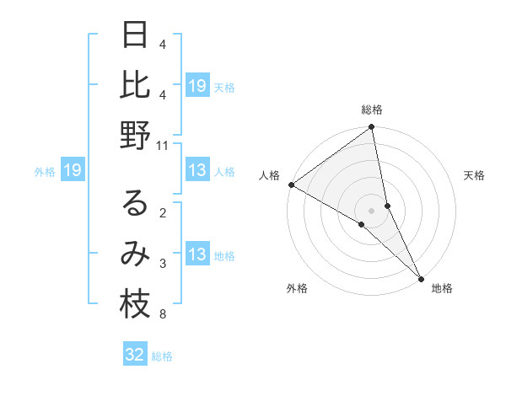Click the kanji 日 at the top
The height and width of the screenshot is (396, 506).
tap(135, 35)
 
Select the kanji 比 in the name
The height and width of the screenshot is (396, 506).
tap(135, 85)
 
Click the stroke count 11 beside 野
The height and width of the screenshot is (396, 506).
tap(163, 145)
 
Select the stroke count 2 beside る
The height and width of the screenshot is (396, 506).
tap(163, 213)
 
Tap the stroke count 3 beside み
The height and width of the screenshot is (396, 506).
tap(163, 264)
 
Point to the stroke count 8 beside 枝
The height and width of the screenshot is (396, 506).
tap(163, 315)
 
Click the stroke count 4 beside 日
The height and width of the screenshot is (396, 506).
tap(163, 43)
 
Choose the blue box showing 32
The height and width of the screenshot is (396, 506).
tap(135, 355)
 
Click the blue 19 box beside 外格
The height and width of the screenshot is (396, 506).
tap(72, 171)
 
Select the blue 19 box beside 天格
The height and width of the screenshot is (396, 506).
tap(197, 86)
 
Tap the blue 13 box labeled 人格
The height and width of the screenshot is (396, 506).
tap(197, 171)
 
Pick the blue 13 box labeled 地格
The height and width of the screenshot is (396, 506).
tap(197, 255)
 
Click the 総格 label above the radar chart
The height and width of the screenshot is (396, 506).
tap(372, 110)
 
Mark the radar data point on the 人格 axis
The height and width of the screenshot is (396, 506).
tap(291, 185)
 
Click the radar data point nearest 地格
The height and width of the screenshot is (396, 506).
tap(420, 276)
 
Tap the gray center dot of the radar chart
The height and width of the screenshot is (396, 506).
tap(372, 210)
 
